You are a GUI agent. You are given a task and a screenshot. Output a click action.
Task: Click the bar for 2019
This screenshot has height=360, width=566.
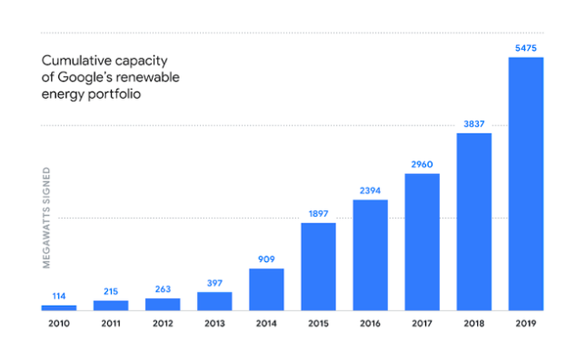tap(526, 184)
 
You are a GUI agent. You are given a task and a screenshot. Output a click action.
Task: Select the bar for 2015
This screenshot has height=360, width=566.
tap(318, 266)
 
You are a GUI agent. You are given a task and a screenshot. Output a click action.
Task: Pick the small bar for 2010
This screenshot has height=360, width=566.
tap(58, 308)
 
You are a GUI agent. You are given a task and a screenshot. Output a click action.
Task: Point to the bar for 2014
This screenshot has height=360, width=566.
tap(266, 289)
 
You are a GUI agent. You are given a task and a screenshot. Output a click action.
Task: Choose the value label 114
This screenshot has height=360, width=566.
tap(58, 297)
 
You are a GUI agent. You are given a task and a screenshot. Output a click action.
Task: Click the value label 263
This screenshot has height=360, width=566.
tap(162, 290)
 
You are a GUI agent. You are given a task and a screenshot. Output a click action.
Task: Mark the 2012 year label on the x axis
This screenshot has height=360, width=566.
tap(162, 323)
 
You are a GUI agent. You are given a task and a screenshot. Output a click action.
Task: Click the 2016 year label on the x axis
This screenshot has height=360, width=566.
tap(370, 323)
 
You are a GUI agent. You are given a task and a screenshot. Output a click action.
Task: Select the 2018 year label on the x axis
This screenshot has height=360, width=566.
tap(474, 323)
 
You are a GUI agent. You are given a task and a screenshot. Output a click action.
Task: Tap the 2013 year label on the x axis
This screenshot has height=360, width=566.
tap(214, 323)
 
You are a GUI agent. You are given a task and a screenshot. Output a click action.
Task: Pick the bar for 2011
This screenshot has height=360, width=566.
tap(111, 305)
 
